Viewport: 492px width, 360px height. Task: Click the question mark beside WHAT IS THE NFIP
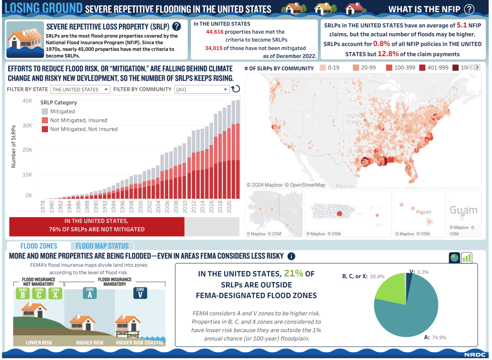click(x=469, y=9)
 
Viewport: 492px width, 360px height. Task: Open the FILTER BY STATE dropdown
click(x=80, y=89)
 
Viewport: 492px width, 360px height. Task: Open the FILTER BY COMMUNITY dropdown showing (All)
click(x=202, y=89)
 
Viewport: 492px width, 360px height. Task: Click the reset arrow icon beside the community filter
click(x=236, y=89)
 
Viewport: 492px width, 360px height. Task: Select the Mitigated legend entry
click(x=62, y=112)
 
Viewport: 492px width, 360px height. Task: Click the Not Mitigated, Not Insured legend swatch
click(x=45, y=129)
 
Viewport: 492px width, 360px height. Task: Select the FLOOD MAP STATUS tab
click(x=102, y=246)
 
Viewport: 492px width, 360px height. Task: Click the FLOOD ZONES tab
click(x=39, y=246)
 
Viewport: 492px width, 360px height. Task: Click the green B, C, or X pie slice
click(x=391, y=289)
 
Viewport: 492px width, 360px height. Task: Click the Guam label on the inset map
click(x=463, y=210)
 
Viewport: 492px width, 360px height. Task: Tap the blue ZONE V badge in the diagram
click(x=140, y=293)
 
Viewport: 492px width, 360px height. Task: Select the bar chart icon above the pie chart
click(x=466, y=258)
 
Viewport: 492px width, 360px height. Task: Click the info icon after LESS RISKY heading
click(x=291, y=256)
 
